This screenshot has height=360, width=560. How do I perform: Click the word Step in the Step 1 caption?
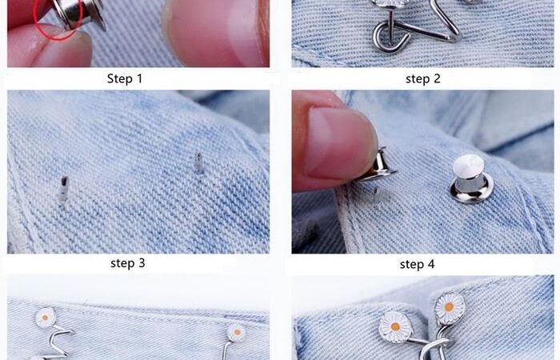[x=119, y=79]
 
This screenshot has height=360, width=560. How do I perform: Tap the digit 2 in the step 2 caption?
[x=437, y=78]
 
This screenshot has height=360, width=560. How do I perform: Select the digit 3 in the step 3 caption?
[x=142, y=263]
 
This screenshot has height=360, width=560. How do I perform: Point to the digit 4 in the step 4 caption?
[x=430, y=264]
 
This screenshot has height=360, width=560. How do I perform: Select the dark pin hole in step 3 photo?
[x=63, y=190]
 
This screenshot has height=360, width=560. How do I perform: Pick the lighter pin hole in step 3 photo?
[x=199, y=163]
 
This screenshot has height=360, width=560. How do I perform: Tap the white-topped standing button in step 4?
[x=470, y=178]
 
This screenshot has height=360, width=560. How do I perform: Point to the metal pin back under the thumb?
[x=378, y=166]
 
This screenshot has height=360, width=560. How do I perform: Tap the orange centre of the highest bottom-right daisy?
[x=450, y=306]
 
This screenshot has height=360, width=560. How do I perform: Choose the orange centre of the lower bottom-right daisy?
[x=395, y=326]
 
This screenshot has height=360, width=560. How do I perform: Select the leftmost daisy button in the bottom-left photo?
[x=46, y=317]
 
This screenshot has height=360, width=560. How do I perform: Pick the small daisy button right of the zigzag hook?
[x=237, y=333]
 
